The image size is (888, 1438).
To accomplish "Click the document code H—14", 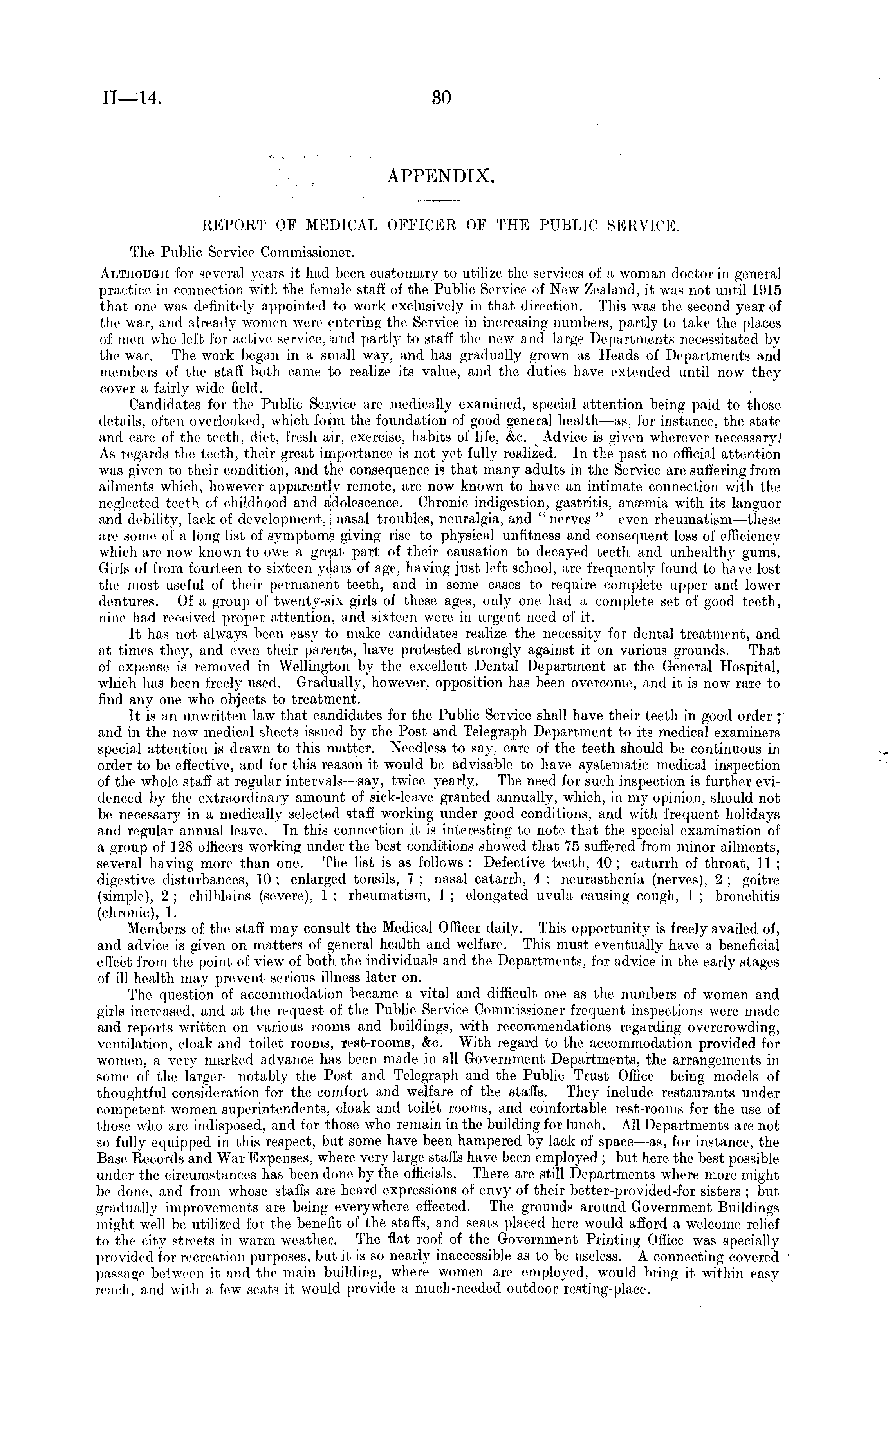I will [130, 98].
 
